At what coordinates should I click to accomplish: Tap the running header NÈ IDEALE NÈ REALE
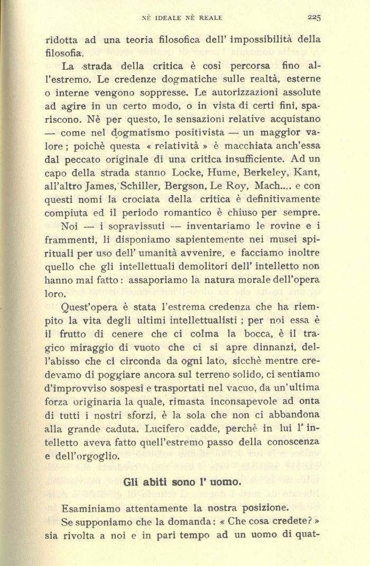pos(182,17)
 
